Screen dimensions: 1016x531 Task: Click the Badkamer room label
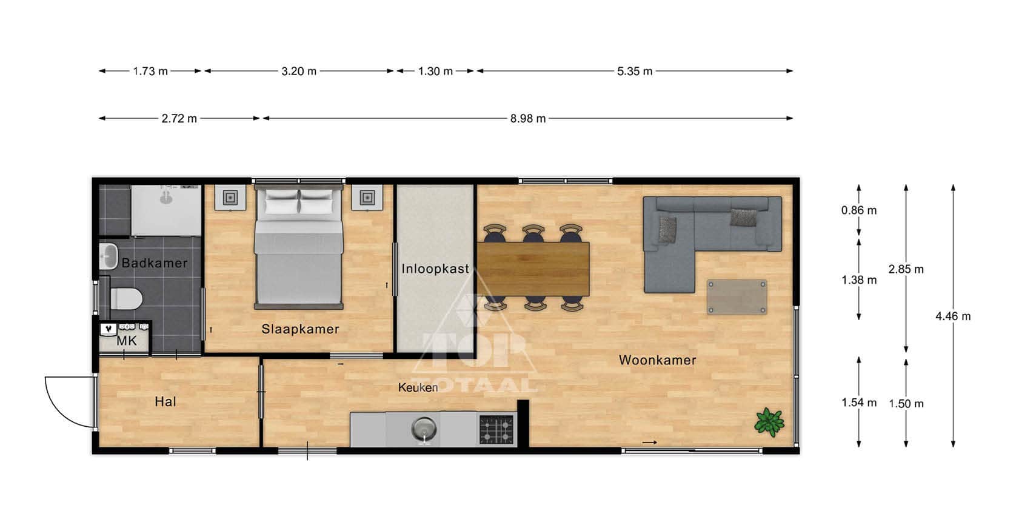[x=154, y=263]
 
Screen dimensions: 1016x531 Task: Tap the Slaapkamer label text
[x=300, y=329]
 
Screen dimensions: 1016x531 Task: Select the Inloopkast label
[x=435, y=269]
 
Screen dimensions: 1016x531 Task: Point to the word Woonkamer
[x=657, y=360]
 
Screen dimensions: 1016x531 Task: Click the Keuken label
[x=418, y=388]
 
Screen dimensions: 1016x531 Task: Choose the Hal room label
[x=165, y=401]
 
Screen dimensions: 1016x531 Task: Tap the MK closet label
[x=127, y=341]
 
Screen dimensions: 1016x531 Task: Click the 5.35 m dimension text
[x=635, y=71]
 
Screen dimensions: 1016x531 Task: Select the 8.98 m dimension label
[x=527, y=118]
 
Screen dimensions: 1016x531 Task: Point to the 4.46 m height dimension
[x=953, y=316]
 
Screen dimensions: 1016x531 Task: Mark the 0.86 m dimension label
[x=858, y=210]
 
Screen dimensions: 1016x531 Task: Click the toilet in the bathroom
[x=127, y=299]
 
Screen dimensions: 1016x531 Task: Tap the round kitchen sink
[x=424, y=428]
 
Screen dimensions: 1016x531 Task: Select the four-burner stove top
[x=496, y=429]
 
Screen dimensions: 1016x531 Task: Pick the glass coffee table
[x=737, y=297]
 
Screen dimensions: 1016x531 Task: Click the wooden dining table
[x=533, y=269]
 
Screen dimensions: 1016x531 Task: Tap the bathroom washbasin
[x=109, y=256]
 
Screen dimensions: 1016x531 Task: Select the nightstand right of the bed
[x=367, y=197]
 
